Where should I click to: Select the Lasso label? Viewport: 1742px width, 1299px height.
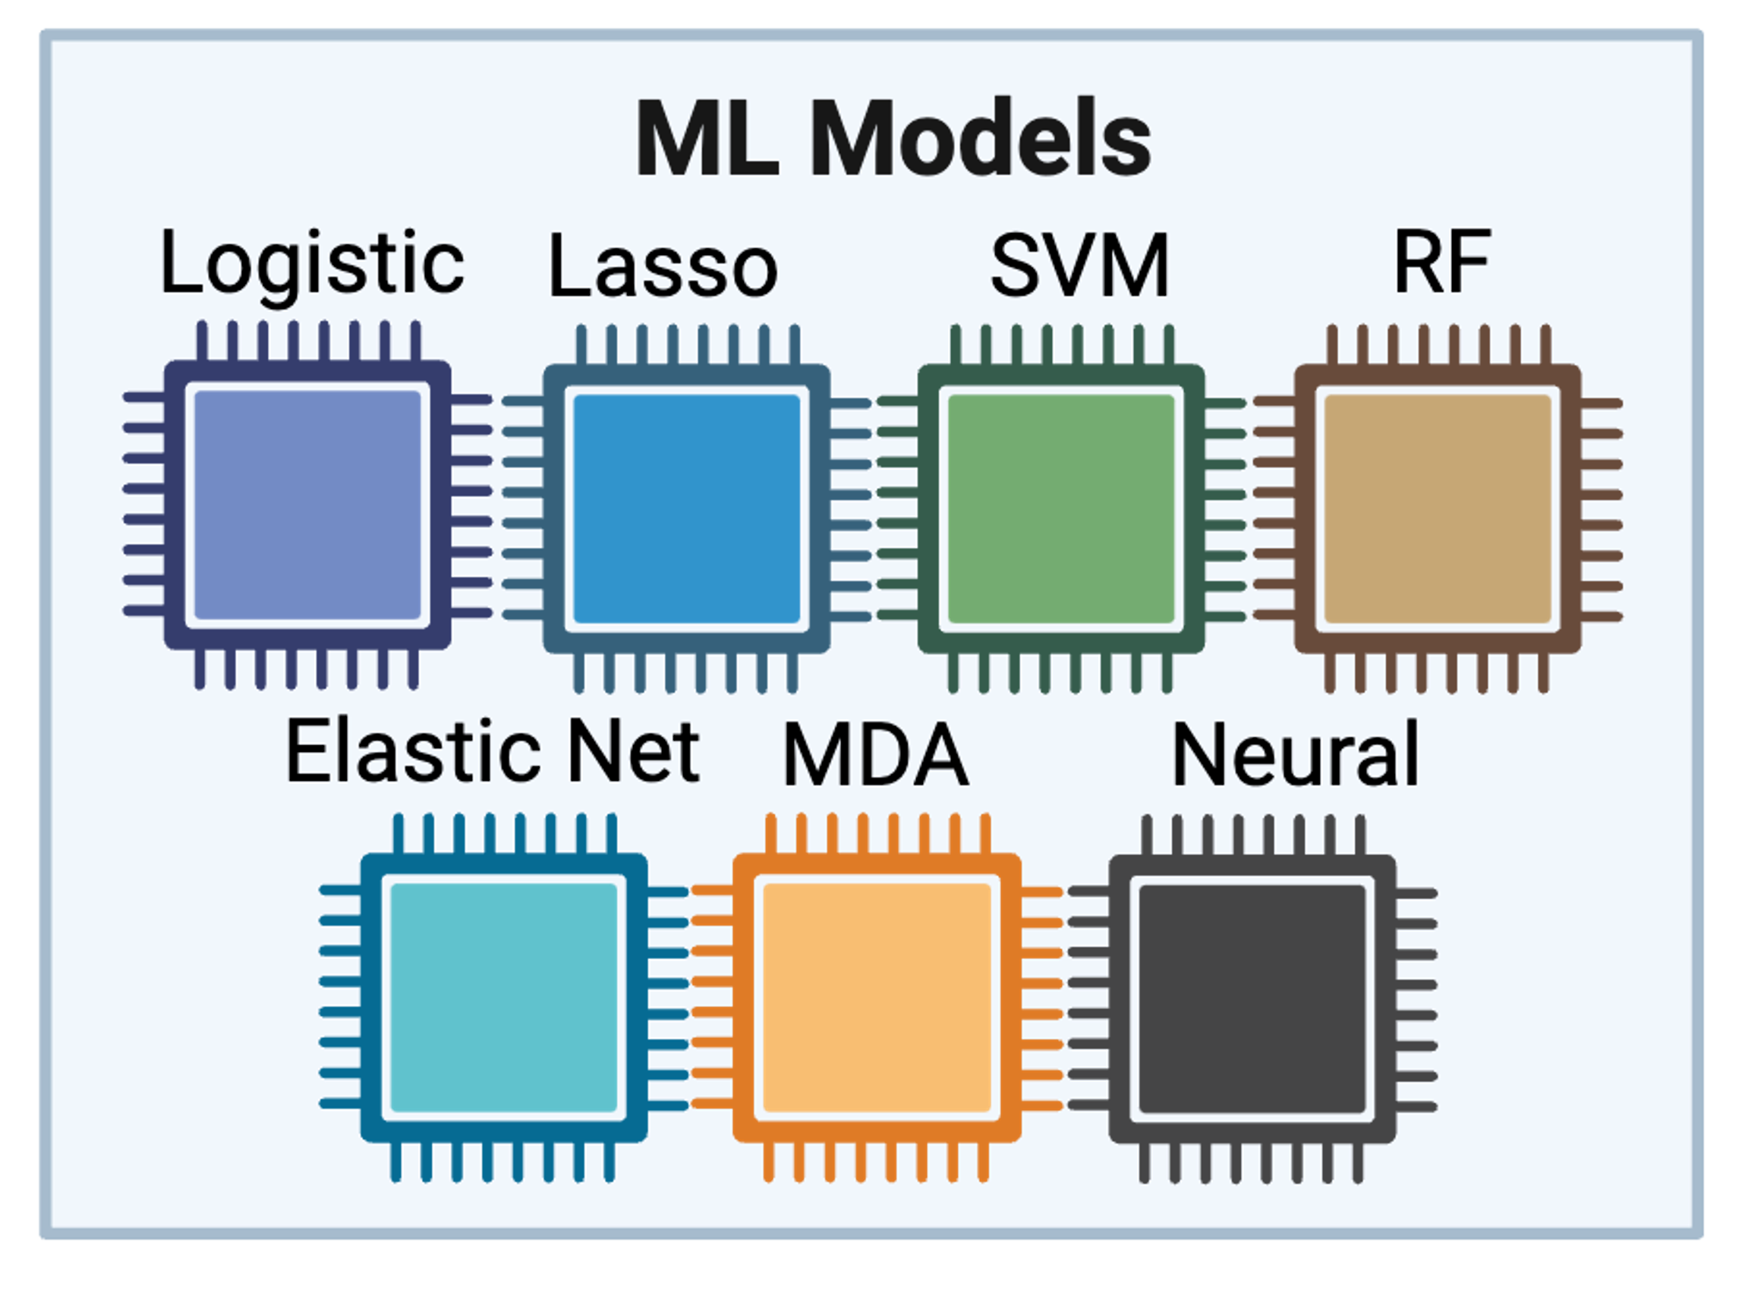(x=662, y=266)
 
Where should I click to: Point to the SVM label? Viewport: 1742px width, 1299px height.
(x=1080, y=266)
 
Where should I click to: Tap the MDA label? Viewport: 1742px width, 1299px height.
(x=875, y=756)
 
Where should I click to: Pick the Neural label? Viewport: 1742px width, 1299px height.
(x=1295, y=756)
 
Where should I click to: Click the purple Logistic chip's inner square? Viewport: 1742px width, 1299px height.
(x=307, y=505)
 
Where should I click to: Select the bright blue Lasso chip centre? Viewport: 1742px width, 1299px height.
(x=687, y=508)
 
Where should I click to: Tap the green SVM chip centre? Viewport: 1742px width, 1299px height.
(x=1062, y=508)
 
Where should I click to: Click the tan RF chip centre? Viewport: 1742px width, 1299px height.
(x=1438, y=508)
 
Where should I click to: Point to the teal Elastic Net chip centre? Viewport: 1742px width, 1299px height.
(x=504, y=998)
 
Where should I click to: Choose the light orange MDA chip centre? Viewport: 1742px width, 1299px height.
(x=877, y=998)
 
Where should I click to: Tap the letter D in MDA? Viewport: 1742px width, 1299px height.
(x=875, y=756)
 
